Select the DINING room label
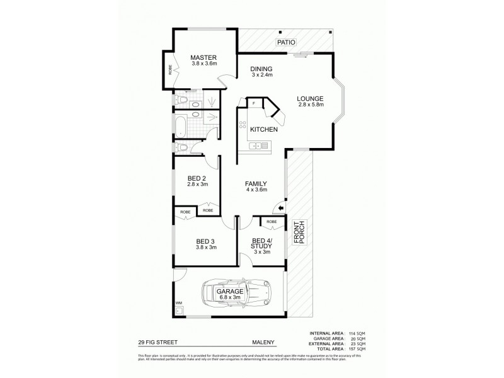(260, 69)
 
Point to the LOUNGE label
(311, 98)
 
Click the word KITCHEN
(264, 129)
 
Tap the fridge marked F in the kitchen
(253, 102)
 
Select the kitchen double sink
(259, 146)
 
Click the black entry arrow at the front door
(281, 209)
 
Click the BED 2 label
(197, 177)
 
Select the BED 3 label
(206, 241)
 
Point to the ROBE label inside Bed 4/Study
(272, 222)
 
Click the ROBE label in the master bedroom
(170, 69)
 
